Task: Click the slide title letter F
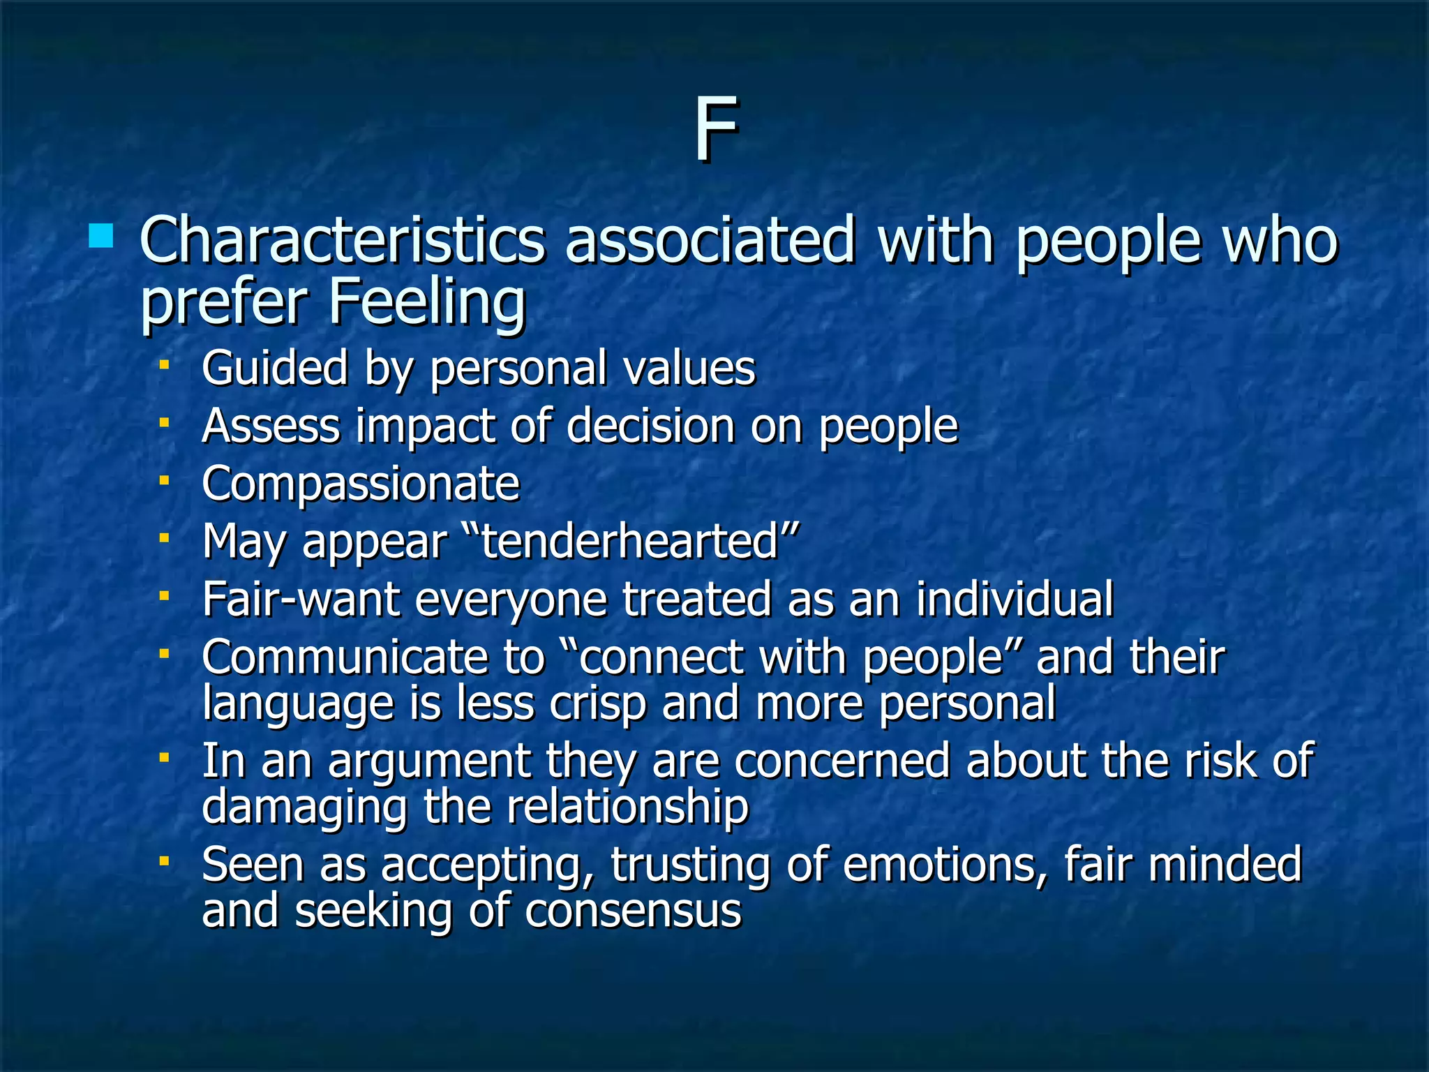point(715,130)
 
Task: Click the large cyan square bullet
point(101,236)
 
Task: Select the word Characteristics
point(342,241)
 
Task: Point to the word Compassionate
point(361,484)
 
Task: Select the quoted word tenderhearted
point(630,542)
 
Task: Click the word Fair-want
point(301,600)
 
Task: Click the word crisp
point(598,703)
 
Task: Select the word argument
point(429,761)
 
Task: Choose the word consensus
point(633,911)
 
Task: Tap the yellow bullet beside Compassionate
point(164,480)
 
